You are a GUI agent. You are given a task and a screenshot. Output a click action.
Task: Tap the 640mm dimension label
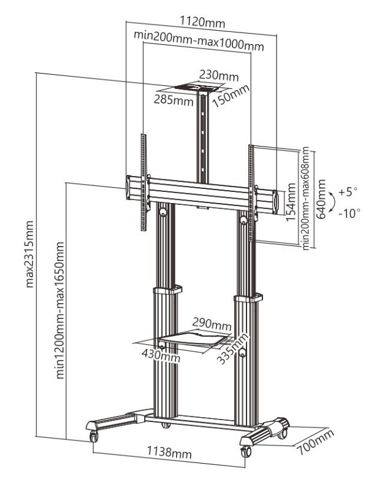(x=320, y=205)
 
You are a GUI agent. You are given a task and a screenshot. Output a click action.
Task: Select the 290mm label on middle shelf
(x=212, y=323)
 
